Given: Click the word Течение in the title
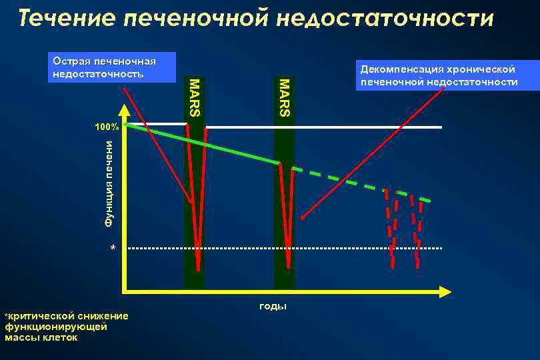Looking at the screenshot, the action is click(x=63, y=18).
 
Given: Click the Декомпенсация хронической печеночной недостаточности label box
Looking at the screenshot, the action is click(x=438, y=75).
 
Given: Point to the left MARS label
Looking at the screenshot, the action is click(x=194, y=97).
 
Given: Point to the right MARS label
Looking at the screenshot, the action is click(x=284, y=97).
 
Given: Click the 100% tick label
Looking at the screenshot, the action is click(x=105, y=127).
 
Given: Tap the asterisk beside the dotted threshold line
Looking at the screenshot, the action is click(x=113, y=249).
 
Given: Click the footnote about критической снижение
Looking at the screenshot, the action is click(x=67, y=326).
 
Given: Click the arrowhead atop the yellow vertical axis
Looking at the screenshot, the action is click(x=123, y=109).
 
